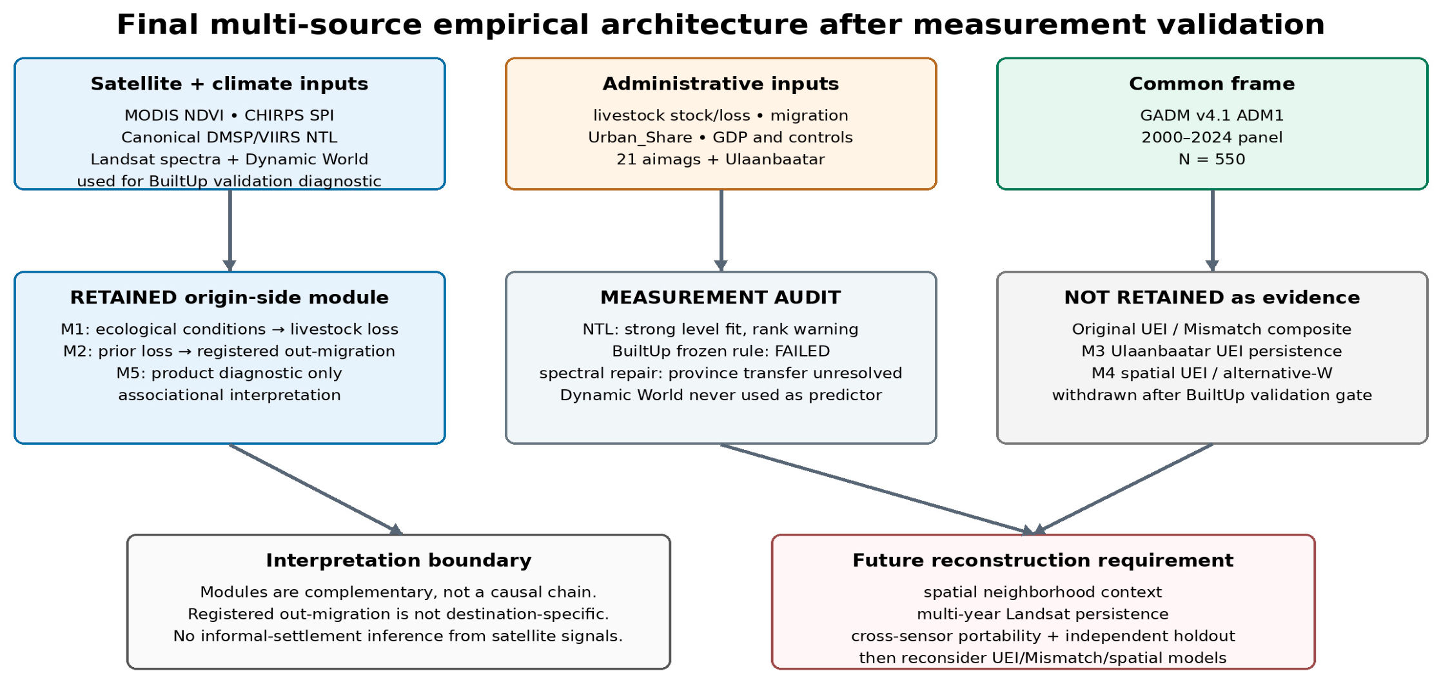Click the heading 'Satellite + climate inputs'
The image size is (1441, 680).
[x=230, y=84]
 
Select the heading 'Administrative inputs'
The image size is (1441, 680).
[x=721, y=84]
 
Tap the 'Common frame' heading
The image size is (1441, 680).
[x=1212, y=84]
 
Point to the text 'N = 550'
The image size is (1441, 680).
[x=1212, y=159]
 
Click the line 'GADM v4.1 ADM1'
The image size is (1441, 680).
[x=1212, y=115]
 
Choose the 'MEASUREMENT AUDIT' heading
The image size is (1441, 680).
[x=721, y=297]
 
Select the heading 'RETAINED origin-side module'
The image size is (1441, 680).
[x=230, y=297]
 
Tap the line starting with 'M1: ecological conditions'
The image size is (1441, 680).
[x=230, y=329]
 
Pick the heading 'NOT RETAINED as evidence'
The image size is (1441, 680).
[x=1212, y=297]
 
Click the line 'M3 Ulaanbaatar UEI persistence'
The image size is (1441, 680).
[x=1212, y=351]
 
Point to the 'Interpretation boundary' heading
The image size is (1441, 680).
[x=398, y=560]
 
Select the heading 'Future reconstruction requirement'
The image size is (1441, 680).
[x=1043, y=560]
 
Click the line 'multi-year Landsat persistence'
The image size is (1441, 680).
[x=1043, y=614]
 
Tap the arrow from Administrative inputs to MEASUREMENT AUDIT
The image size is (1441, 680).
[x=721, y=231]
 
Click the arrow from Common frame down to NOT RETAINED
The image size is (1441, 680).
[x=1212, y=231]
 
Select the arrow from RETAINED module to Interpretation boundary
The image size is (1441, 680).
[x=316, y=489]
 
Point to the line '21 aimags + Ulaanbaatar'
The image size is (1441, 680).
[x=721, y=159]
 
